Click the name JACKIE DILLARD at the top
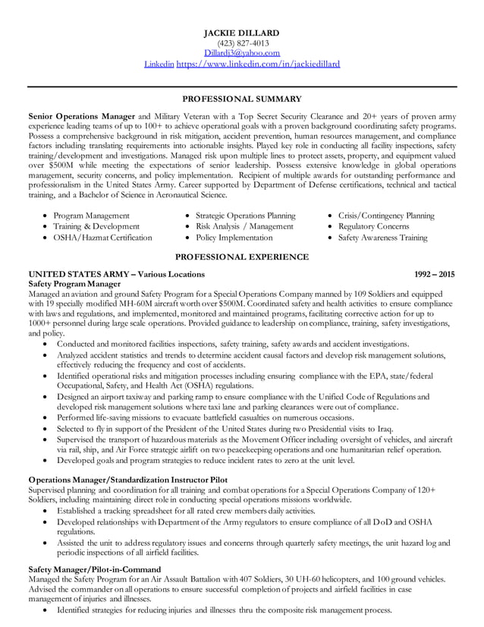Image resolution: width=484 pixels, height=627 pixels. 242,33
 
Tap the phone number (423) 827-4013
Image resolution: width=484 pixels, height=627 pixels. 242,43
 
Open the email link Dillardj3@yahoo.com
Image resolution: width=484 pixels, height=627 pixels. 242,53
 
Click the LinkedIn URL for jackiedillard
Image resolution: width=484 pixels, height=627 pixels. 258,64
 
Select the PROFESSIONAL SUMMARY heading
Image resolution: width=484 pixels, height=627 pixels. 242,99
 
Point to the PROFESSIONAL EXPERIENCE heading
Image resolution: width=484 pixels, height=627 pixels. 242,257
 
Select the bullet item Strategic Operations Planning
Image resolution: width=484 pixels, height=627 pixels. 245,216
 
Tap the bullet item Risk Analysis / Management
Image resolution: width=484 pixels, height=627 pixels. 244,226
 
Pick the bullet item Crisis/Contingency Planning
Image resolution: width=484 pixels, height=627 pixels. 386,216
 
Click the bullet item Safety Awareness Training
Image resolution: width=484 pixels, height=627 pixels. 382,238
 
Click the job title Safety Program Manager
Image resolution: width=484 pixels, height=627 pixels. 74,284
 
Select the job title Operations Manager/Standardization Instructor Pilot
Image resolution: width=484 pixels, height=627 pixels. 127,479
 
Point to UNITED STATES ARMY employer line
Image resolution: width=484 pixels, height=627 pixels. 116,274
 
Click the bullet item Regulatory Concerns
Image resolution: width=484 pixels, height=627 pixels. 373,226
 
